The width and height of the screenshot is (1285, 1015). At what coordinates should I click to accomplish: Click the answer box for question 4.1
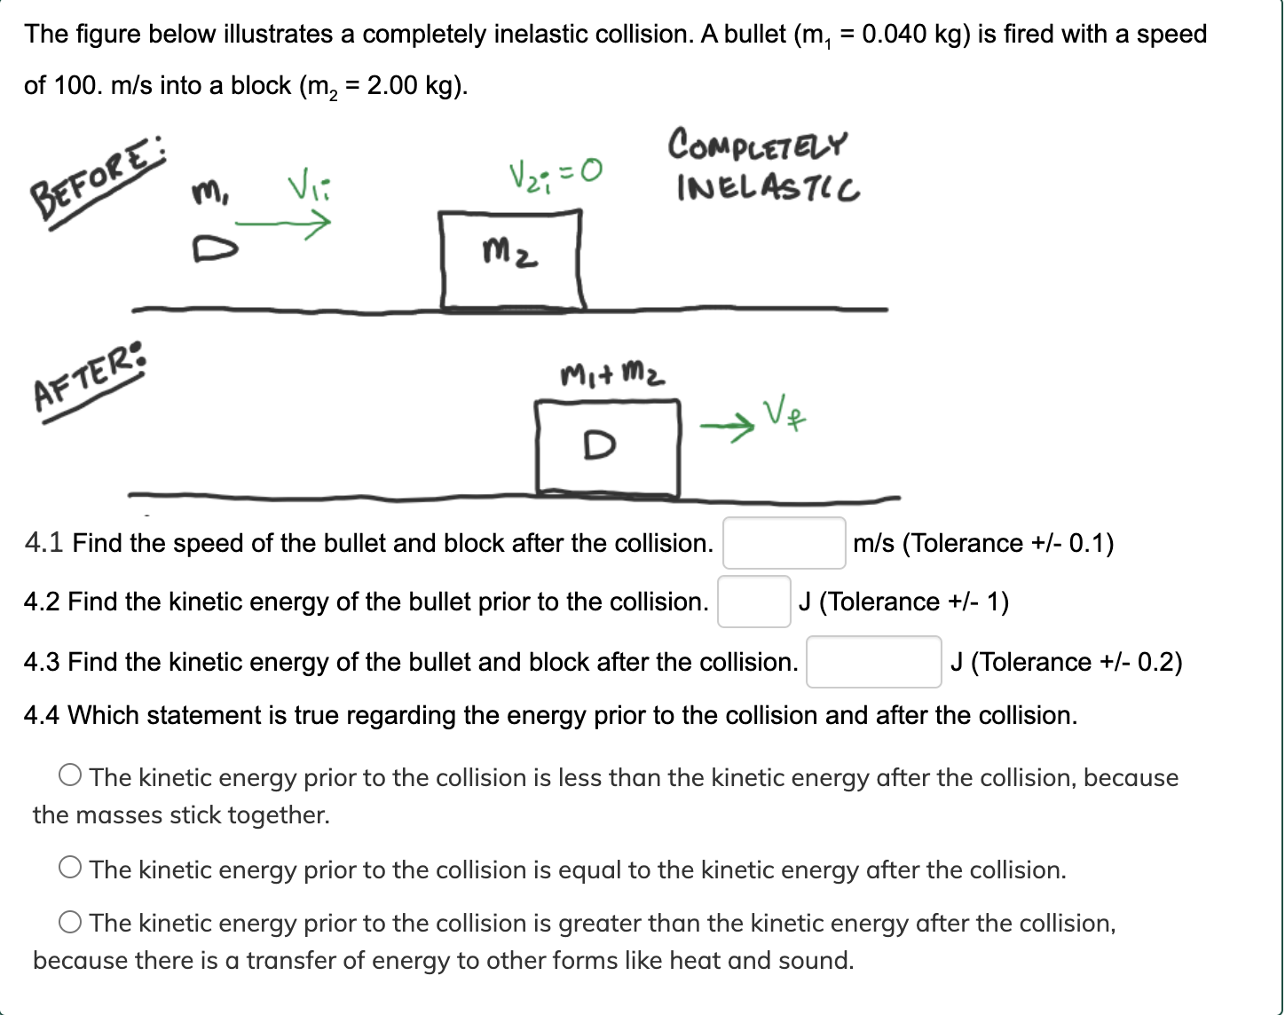pos(784,543)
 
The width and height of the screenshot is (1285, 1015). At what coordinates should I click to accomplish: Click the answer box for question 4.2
pos(753,602)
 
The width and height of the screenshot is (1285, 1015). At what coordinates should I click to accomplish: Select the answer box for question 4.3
pos(873,662)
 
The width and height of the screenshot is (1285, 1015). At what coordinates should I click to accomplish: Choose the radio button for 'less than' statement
pos(71,776)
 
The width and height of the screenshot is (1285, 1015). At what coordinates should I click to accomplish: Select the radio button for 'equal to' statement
pos(71,869)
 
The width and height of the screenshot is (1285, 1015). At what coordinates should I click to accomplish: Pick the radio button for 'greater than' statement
pos(71,923)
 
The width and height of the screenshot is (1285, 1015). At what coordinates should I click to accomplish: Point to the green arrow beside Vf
pos(726,429)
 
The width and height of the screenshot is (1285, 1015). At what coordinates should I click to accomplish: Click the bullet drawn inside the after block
pos(600,445)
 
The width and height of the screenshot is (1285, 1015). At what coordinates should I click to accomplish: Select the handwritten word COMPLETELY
pos(757,145)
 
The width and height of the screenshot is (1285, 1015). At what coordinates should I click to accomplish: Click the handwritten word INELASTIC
pos(768,188)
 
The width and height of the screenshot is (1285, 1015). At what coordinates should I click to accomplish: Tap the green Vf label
pos(786,415)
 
